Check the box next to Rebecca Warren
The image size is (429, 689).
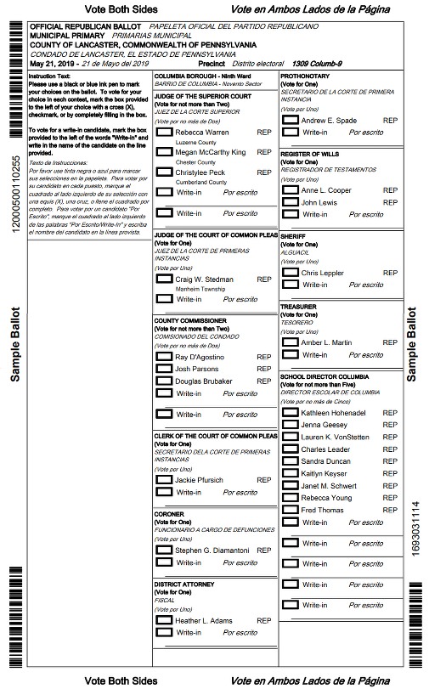(164, 133)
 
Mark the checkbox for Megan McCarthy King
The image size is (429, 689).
(164, 152)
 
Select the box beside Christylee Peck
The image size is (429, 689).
(164, 172)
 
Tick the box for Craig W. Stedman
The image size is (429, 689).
(164, 279)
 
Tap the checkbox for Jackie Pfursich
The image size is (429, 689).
(164, 480)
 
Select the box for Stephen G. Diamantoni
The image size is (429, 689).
(164, 551)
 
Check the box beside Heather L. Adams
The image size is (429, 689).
(164, 620)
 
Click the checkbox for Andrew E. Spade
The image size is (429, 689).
(291, 121)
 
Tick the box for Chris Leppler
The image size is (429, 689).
(291, 273)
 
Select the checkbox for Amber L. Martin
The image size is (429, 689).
(291, 342)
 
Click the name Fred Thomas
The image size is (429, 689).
(322, 510)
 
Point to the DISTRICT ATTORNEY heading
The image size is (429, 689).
(184, 585)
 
